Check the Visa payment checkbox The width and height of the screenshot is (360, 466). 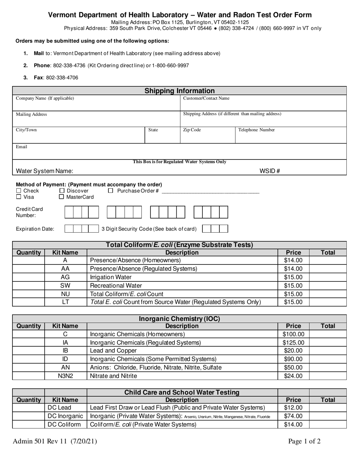point(19,197)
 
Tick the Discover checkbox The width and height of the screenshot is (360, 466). point(62,191)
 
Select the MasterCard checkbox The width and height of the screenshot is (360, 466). point(61,197)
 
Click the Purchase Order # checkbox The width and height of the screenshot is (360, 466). point(111,191)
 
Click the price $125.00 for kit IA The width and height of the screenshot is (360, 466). point(293,342)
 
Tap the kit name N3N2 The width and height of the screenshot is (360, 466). point(65,376)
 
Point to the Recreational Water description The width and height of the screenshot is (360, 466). point(116,286)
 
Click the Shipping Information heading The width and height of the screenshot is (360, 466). point(180,91)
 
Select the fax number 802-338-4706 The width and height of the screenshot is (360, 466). point(62,78)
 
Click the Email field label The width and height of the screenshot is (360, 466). point(21,147)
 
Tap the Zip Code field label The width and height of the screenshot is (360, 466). point(192,130)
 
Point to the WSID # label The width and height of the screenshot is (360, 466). point(269,171)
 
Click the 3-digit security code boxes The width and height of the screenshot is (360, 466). point(215,229)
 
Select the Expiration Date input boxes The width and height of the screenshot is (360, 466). point(81,229)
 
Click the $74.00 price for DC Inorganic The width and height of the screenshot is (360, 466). point(293,416)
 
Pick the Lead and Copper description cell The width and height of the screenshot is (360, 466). point(113,351)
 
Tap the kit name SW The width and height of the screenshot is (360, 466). point(65,286)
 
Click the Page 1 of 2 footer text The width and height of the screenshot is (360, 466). point(304,441)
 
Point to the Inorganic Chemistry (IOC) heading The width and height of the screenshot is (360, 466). point(179,319)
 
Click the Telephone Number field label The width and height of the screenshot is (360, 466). point(257,130)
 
